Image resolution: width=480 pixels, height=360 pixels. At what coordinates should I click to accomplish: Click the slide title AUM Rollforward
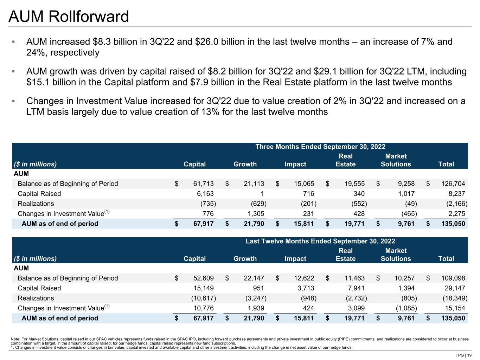[x=69, y=17]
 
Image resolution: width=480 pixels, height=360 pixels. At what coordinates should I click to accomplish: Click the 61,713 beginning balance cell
[x=203, y=184]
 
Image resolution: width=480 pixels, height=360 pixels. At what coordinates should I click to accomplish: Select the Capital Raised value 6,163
[x=205, y=194]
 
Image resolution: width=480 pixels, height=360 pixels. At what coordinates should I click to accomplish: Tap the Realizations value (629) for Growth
[x=258, y=204]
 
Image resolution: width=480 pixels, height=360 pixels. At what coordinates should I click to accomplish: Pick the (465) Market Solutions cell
[x=409, y=213]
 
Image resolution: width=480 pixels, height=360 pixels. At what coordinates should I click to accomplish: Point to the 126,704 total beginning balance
[x=453, y=184]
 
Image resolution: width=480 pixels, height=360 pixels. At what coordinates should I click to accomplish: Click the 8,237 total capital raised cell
[x=456, y=194]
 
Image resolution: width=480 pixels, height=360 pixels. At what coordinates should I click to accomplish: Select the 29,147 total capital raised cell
[x=455, y=288]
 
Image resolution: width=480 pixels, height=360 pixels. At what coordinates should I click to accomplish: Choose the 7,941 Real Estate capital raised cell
[x=356, y=288]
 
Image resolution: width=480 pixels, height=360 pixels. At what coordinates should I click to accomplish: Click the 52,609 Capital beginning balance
[x=203, y=278]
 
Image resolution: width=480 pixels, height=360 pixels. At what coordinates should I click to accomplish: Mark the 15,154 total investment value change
[x=455, y=308]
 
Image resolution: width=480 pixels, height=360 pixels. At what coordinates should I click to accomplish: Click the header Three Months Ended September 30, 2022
[x=320, y=147]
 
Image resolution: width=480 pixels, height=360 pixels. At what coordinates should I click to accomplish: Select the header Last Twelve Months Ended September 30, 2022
[x=320, y=241]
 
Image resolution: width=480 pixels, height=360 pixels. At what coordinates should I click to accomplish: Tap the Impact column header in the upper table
[x=295, y=164]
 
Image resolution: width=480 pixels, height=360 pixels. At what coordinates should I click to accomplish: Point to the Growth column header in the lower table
[x=245, y=259]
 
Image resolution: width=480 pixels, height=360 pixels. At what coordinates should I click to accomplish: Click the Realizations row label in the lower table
[x=36, y=298]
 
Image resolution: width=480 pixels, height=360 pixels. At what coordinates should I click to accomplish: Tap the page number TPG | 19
[x=463, y=355]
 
